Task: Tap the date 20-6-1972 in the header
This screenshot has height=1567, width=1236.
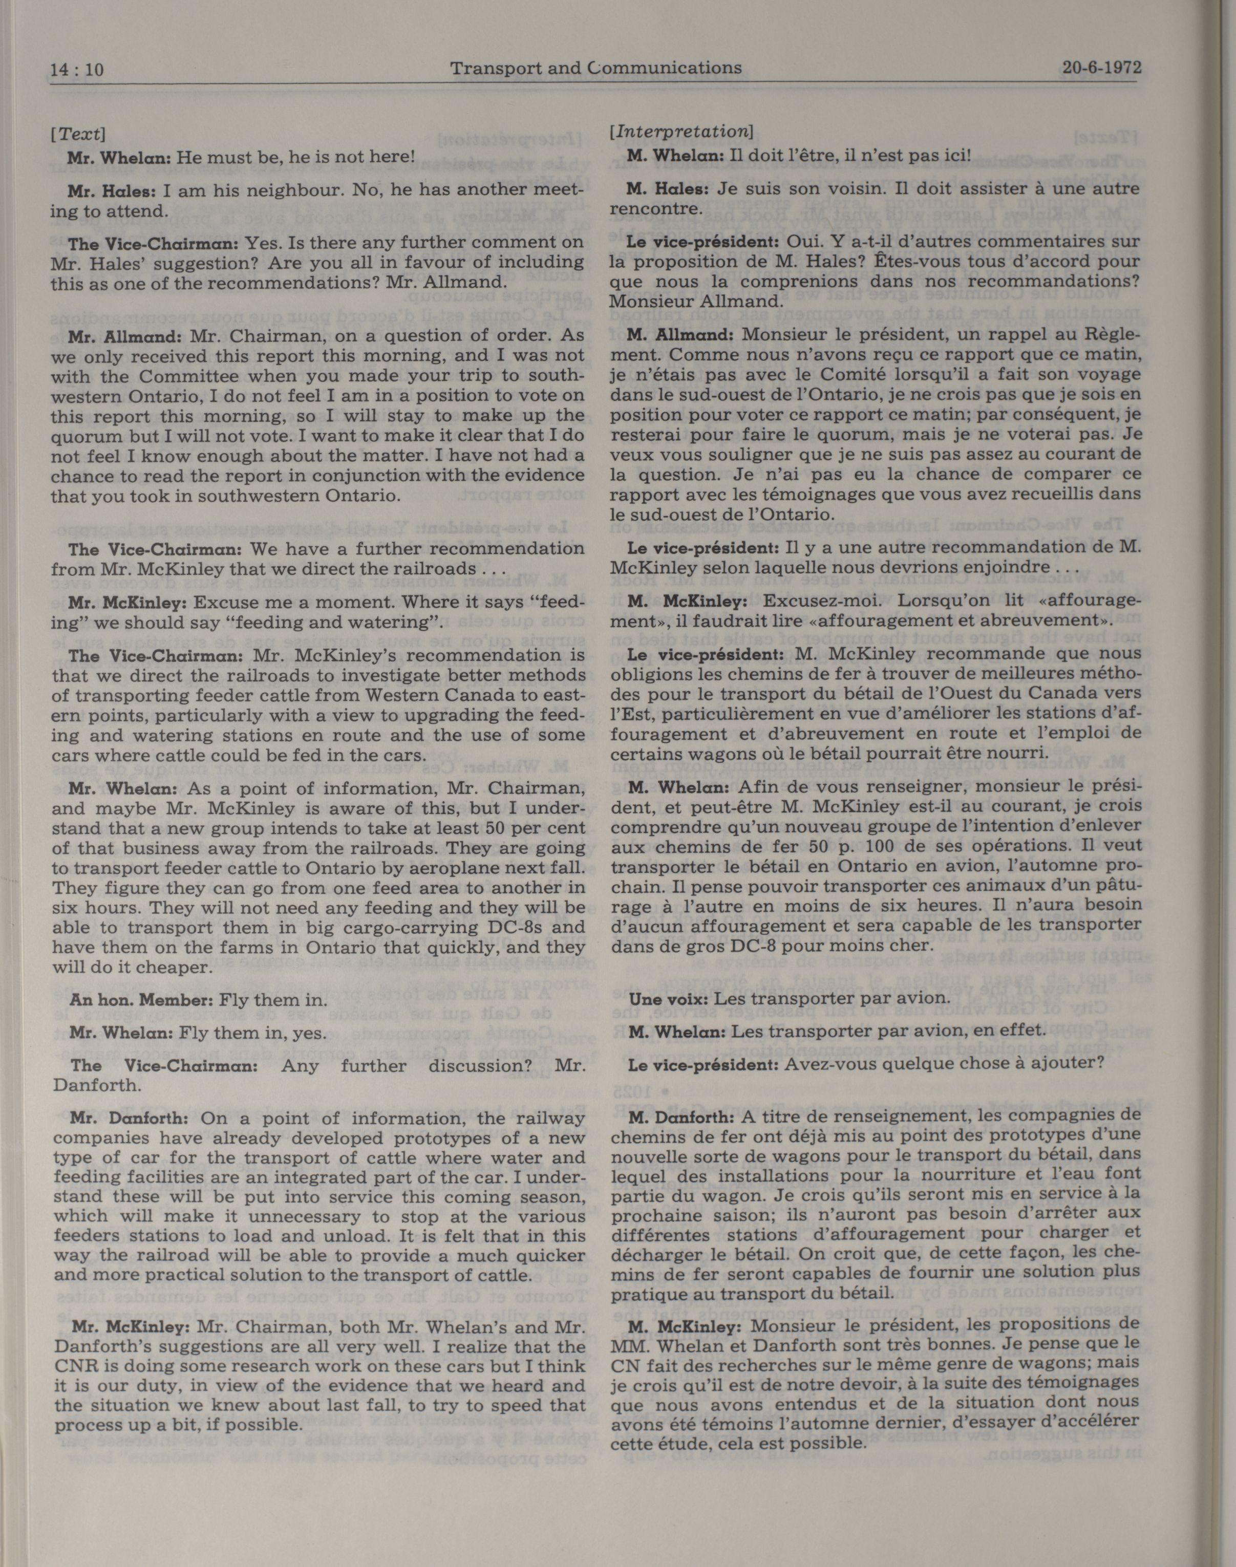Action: click(x=1101, y=68)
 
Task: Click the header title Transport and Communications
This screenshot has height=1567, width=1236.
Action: click(x=595, y=68)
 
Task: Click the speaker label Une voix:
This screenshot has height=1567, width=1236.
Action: click(x=669, y=998)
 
